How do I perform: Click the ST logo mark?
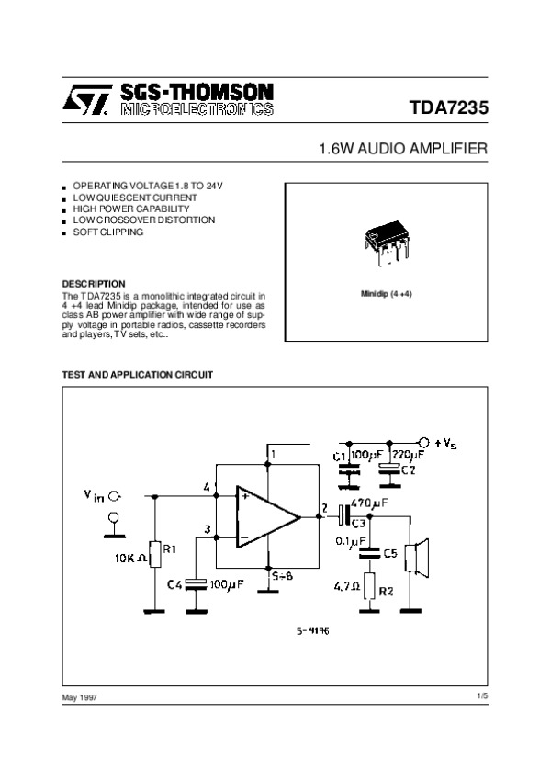(86, 101)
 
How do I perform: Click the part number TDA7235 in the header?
(449, 108)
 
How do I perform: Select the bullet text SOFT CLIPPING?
(108, 232)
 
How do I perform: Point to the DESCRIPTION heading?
(93, 283)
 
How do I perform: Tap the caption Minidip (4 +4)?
(387, 295)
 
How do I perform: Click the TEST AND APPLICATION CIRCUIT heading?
(137, 375)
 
